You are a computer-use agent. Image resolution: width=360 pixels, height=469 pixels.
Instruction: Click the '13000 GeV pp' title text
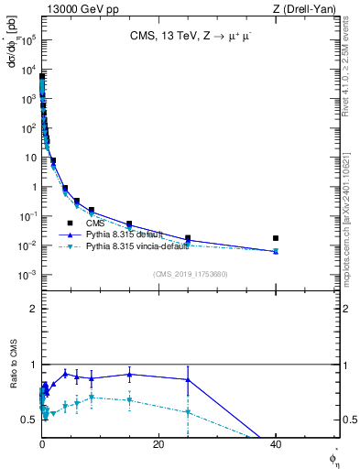[78, 8]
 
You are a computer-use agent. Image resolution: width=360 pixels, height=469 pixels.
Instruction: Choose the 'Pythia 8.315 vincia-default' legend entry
[147, 247]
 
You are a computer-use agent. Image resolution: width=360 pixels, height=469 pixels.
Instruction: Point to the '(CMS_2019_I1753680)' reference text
[190, 274]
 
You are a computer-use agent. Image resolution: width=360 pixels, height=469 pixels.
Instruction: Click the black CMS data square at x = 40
[276, 238]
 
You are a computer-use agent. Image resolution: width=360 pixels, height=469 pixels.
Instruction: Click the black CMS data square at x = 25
[188, 238]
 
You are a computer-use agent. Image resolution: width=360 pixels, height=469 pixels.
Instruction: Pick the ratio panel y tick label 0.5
[28, 420]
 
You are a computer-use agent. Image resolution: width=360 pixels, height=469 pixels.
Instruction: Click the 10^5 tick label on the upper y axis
[27, 40]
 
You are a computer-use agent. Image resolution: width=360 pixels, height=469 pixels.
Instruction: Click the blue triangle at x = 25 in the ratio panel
[188, 379]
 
